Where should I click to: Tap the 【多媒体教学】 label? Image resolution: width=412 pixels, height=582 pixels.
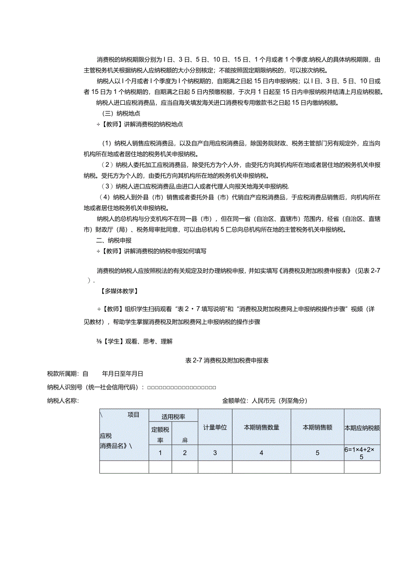pos(117,291)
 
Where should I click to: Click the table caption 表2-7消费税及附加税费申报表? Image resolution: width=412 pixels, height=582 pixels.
pos(227,360)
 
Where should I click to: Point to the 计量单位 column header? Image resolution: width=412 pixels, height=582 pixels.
pos(215,427)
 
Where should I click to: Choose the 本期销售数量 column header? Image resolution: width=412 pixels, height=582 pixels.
pos(262,427)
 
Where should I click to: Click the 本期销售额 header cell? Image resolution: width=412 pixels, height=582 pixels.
pos(318,427)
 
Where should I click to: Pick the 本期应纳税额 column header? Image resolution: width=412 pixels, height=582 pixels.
pos(362,428)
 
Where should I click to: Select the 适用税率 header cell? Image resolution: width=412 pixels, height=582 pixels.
pos(173,417)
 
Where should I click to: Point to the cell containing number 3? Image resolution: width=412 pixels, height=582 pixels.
pos(215,453)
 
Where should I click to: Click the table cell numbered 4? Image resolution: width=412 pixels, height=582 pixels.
pos(262,453)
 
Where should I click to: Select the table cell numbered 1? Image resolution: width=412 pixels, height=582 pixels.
pos(160,453)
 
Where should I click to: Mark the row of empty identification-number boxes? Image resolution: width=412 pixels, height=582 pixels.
pos(182,387)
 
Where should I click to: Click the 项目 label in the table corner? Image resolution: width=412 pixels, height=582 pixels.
pos(133,415)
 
